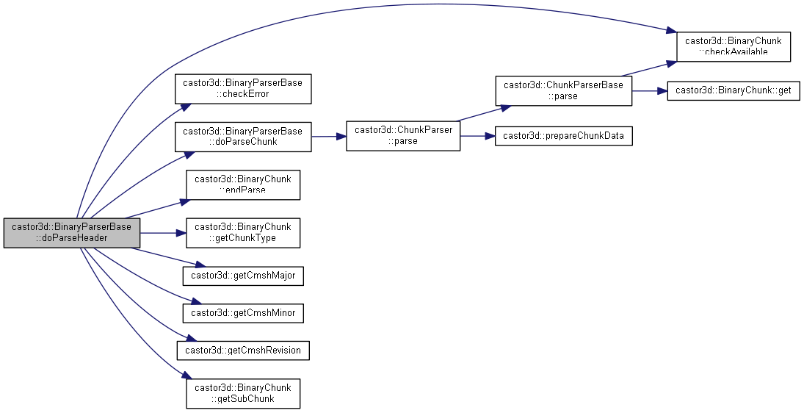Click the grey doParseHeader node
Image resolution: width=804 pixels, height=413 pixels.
tap(72, 233)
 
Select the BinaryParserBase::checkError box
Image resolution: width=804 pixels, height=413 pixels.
tap(243, 89)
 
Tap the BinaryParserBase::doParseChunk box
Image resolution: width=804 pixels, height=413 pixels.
tap(243, 137)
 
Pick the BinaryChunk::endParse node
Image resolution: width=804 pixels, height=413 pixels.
tap(243, 184)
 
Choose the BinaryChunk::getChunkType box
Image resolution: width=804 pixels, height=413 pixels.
tap(243, 233)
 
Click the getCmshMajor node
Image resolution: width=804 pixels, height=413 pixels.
tap(243, 276)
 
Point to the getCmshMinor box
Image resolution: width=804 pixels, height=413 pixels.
tap(243, 313)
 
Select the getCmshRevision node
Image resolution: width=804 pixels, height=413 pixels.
tap(243, 351)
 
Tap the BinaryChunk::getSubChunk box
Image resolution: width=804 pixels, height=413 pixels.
tap(243, 393)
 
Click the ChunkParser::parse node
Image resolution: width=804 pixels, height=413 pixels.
tap(403, 136)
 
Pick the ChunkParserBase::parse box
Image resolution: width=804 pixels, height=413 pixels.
tap(563, 91)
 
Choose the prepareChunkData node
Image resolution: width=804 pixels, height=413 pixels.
tap(563, 136)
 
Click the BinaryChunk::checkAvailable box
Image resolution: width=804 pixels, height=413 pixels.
tap(734, 47)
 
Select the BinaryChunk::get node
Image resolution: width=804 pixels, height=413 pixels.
tap(734, 91)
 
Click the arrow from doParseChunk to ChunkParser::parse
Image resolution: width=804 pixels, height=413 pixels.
tap(329, 137)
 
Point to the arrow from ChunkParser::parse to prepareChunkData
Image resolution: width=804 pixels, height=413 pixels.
tap(477, 136)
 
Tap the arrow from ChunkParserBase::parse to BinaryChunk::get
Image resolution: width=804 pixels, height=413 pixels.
tap(649, 91)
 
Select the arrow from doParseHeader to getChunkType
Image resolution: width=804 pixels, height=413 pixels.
tap(163, 233)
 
